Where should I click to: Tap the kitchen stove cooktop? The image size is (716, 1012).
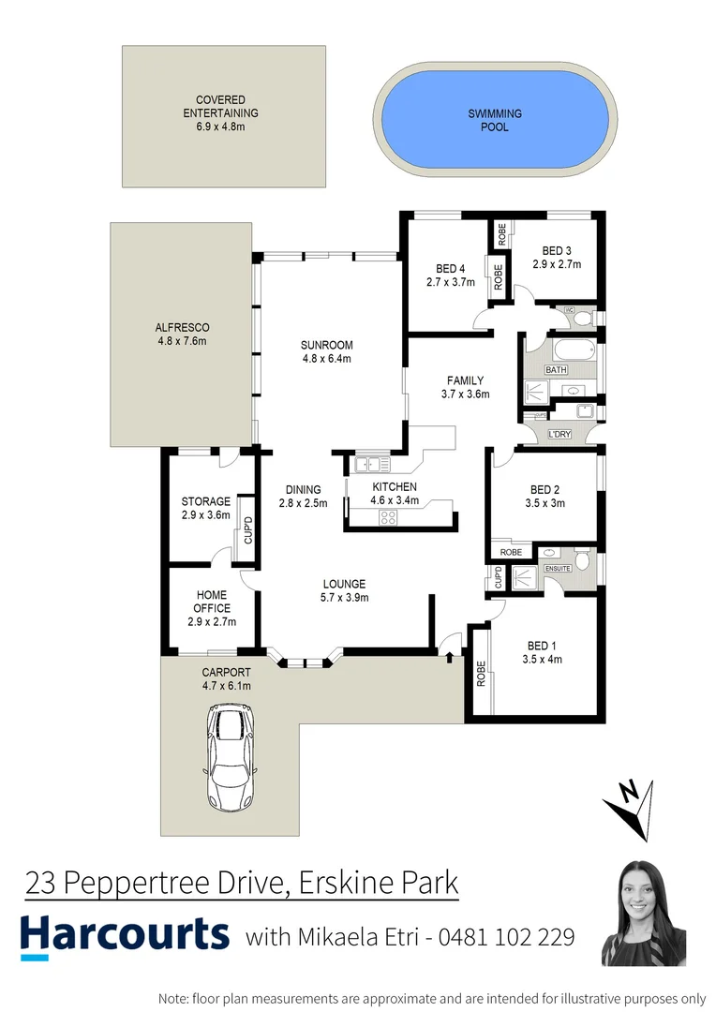[389, 516]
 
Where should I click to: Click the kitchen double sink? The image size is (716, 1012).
[373, 463]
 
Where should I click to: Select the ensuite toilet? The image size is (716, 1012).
[582, 559]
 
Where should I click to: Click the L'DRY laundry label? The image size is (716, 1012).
[559, 434]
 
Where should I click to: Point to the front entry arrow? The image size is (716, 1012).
[450, 645]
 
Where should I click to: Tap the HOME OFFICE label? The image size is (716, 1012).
[212, 602]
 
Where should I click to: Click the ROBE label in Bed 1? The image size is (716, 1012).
[482, 674]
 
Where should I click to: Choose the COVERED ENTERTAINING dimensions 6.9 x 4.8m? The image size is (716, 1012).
[220, 126]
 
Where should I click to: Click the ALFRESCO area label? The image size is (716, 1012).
[182, 327]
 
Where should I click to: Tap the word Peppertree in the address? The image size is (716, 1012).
[158, 883]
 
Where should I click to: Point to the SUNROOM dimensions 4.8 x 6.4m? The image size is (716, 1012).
[326, 357]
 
